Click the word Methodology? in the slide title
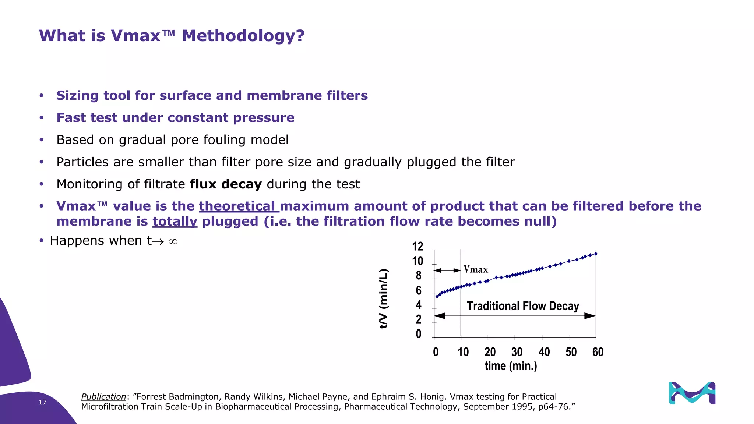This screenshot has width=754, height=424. [243, 36]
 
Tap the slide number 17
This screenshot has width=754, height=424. [43, 402]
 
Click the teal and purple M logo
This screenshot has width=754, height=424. [692, 393]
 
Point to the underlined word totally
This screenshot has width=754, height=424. [175, 222]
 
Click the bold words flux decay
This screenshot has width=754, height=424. [226, 184]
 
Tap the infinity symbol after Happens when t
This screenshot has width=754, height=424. [173, 241]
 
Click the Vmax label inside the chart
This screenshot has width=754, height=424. [476, 269]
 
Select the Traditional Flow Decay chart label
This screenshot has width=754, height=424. [523, 306]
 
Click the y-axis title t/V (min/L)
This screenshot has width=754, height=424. [384, 298]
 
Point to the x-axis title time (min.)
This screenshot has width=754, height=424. [511, 366]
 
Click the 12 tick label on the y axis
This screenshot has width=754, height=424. [417, 246]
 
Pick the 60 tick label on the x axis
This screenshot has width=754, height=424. [598, 352]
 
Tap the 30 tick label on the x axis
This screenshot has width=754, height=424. [517, 352]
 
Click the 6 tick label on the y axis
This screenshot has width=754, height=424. [419, 291]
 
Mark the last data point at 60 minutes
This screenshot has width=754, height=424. [596, 254]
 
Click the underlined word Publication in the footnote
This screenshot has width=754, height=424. [103, 397]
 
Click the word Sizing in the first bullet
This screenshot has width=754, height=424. [77, 96]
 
